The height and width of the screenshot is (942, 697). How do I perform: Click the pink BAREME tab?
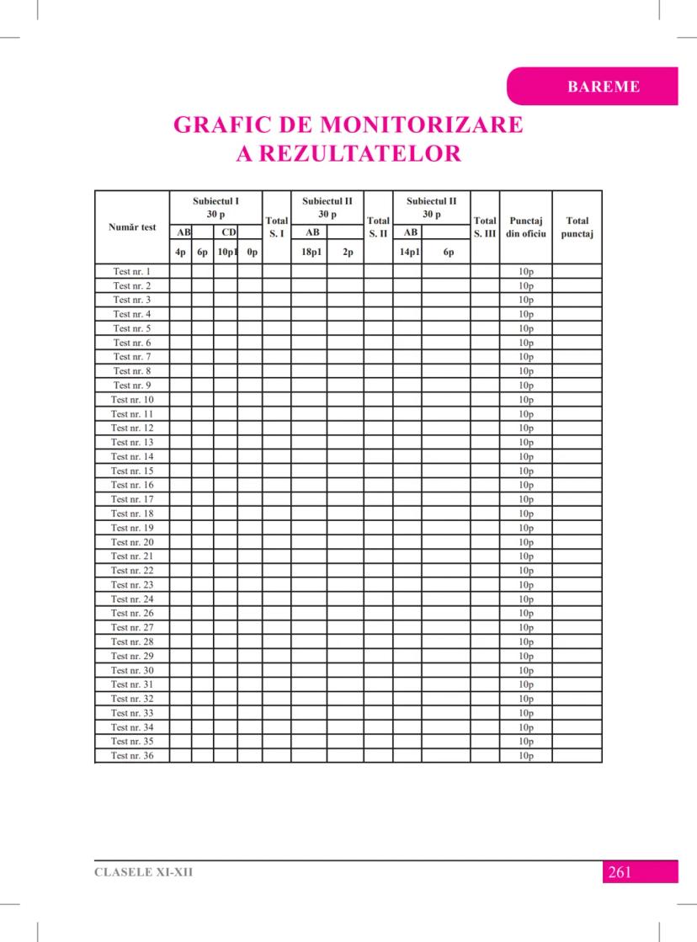(604, 87)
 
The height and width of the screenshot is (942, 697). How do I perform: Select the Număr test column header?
(132, 227)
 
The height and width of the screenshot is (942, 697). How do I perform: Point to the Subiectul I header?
(215, 208)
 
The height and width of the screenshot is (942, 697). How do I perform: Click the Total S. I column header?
(276, 226)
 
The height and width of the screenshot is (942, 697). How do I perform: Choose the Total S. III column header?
(485, 226)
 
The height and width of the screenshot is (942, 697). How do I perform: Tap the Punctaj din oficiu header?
(525, 227)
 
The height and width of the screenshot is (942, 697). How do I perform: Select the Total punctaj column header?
(577, 227)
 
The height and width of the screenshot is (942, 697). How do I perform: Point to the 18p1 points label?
(309, 252)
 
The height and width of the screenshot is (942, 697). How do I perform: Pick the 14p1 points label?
(407, 252)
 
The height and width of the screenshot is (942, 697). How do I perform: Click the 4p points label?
(180, 252)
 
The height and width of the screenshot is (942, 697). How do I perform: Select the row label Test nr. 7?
(132, 357)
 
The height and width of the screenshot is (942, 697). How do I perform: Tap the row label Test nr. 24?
(132, 599)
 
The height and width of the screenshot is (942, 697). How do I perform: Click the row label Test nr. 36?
(132, 756)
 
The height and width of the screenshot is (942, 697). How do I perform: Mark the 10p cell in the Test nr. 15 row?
(527, 471)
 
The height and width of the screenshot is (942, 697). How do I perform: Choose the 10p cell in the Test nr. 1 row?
(527, 272)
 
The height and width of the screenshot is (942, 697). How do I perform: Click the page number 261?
(619, 872)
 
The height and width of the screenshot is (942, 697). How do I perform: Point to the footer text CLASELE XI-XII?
(143, 872)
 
